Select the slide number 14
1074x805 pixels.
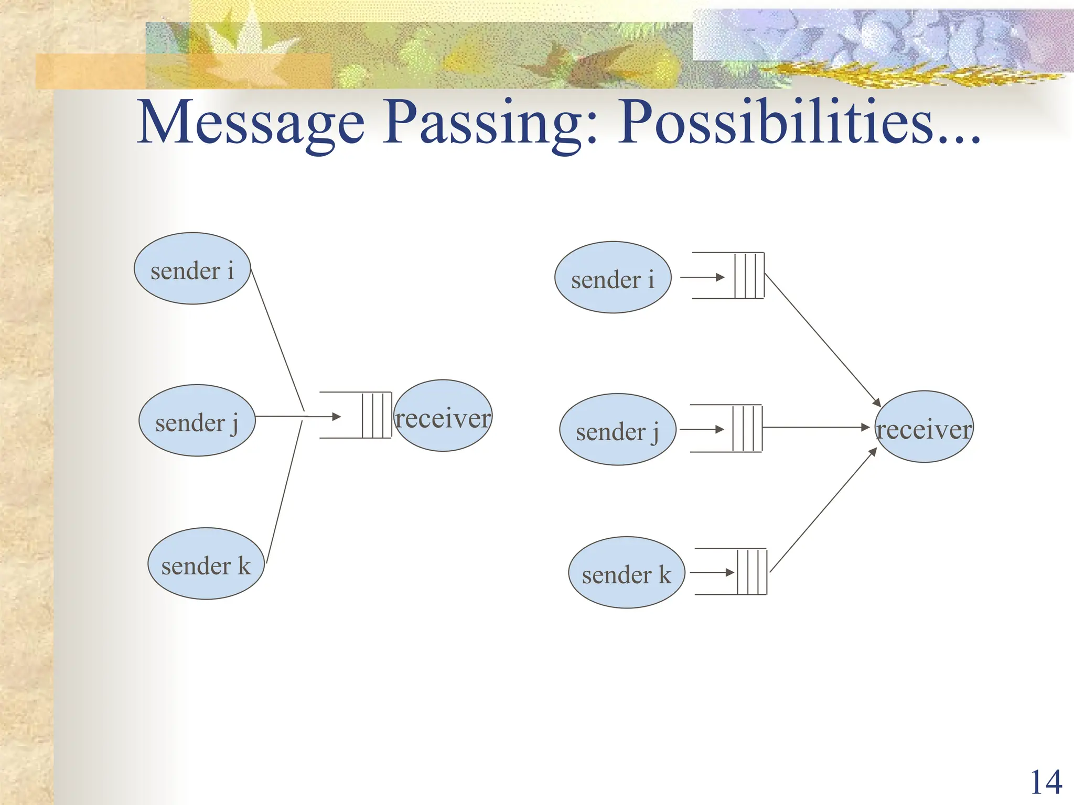click(1046, 782)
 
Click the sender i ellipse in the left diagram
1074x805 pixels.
click(192, 269)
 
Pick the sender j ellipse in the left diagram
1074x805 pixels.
click(197, 421)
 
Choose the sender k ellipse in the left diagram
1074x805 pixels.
click(206, 564)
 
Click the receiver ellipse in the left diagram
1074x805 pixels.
click(443, 416)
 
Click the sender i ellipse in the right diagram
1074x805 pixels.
click(613, 278)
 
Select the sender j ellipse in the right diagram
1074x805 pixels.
click(617, 430)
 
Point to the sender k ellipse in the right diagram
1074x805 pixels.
click(626, 573)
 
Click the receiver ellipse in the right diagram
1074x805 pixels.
click(924, 427)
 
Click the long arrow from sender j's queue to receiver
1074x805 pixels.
click(815, 428)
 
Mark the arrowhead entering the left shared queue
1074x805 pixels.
click(336, 417)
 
